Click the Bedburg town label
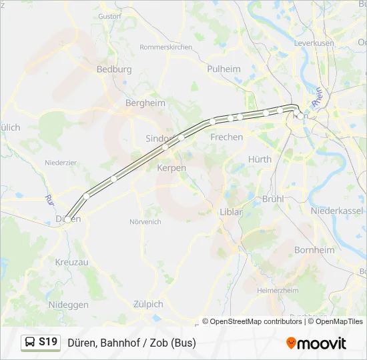(114, 69)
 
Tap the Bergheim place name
(145, 103)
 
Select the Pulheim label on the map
(224, 69)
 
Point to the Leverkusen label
(314, 43)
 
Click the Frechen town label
(227, 137)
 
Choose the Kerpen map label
(171, 168)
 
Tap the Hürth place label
(260, 159)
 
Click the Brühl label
(274, 199)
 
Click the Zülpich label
(147, 304)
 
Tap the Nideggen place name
(68, 305)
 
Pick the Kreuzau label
(72, 263)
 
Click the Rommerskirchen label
(165, 47)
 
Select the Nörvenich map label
(145, 221)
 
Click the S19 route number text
(48, 342)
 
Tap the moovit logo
(316, 343)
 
